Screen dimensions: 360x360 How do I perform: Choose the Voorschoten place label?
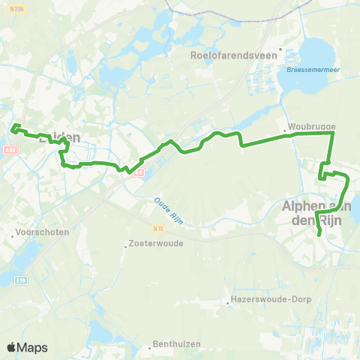43,232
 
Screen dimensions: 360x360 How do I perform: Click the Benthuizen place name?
173,344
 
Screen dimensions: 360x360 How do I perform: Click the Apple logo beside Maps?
11,347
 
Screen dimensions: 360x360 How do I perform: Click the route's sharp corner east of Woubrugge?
332,132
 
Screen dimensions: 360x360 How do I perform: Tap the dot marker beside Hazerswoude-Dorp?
227,304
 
